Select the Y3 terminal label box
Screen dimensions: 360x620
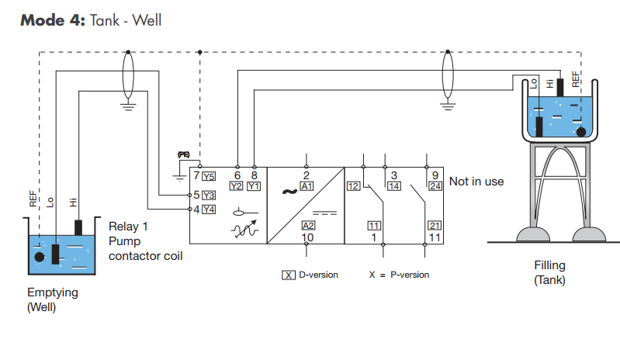tap(209, 194)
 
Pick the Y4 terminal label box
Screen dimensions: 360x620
tap(209, 209)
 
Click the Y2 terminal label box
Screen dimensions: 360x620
tap(237, 186)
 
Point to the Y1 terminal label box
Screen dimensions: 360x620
tap(255, 186)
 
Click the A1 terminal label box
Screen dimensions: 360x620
tap(307, 186)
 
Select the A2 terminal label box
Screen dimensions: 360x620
tap(307, 225)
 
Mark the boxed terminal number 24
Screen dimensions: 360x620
tap(435, 186)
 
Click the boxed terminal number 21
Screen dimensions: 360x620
tap(435, 225)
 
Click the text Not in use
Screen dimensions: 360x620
tap(476, 182)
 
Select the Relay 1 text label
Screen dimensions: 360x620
tap(128, 227)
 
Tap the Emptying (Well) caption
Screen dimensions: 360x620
tap(53, 299)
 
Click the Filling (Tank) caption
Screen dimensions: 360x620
tap(549, 272)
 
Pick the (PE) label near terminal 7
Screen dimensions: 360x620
tap(184, 155)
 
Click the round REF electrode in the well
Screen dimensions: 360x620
tap(40, 255)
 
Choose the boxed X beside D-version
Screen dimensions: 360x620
tap(288, 275)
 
